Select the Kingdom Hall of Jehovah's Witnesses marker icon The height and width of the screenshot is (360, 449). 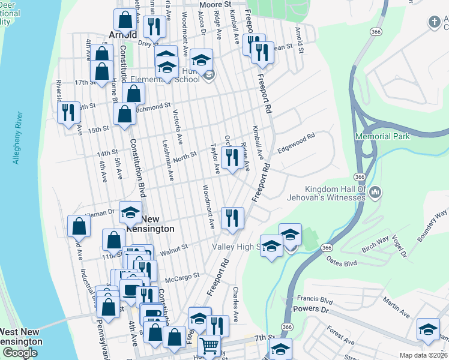point(376,192)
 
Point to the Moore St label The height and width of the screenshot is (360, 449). point(215,4)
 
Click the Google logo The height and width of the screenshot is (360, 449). point(19,353)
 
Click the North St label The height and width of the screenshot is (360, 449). point(185,156)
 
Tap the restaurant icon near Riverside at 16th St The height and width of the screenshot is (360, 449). point(68,112)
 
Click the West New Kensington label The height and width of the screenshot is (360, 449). point(20,337)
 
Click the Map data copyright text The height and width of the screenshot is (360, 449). point(423,355)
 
